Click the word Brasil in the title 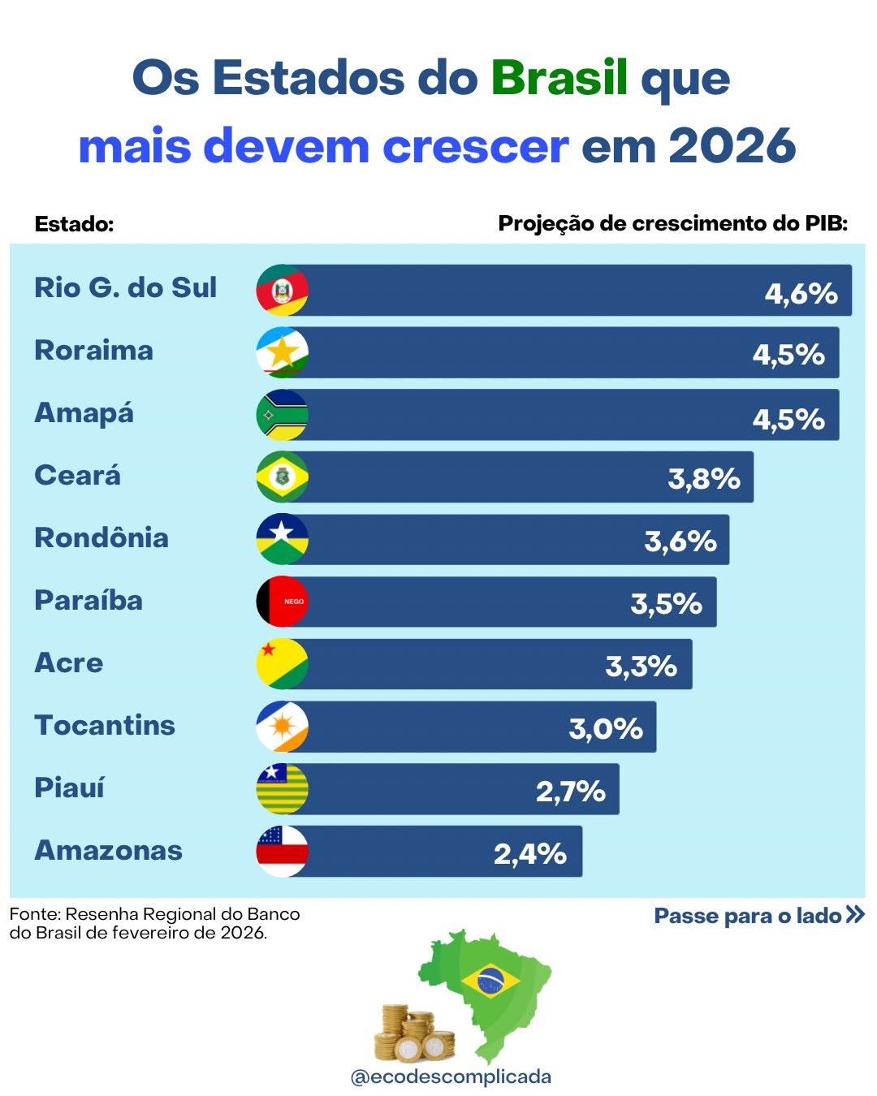559,78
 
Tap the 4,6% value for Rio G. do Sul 801,293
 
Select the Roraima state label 93,351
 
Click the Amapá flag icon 282,415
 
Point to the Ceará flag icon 282,477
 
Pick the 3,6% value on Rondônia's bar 680,541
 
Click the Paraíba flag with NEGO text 282,602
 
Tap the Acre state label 69,663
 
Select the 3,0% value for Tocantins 606,728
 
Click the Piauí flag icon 282,788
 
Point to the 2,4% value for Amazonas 530,853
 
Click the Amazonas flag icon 282,851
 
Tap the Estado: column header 74,224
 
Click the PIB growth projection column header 672,223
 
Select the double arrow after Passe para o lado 854,915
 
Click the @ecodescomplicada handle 451,1077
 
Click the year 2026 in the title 732,146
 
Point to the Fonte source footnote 154,923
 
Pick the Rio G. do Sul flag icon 282,290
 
